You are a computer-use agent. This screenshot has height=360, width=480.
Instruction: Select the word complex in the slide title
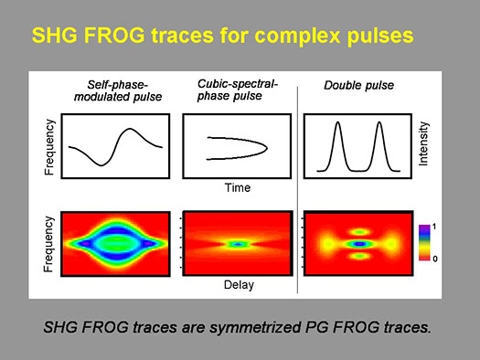tap(297, 37)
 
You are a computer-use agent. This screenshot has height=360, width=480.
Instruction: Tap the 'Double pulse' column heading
tap(358, 85)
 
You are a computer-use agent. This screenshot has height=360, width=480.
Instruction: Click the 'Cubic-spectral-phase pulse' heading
tap(237, 90)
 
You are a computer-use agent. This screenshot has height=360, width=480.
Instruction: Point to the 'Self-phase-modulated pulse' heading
tap(118, 90)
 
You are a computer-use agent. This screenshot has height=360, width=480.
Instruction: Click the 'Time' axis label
tap(238, 187)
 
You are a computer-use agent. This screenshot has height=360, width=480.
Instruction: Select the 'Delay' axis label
tap(239, 285)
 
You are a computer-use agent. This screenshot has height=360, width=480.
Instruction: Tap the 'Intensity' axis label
tap(423, 143)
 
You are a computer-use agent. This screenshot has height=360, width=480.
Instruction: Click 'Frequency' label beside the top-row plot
tap(49, 147)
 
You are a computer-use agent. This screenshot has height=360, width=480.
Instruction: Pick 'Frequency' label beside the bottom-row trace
tap(48, 244)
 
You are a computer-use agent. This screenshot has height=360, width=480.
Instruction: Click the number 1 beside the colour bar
tap(434, 227)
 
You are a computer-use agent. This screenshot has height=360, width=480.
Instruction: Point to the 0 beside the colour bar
tap(435, 259)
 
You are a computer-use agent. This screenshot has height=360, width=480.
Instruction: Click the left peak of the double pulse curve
tap(337, 122)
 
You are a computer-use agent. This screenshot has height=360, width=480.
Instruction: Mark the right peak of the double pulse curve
tap(379, 122)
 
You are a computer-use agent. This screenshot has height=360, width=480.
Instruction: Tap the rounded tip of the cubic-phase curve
tap(267, 148)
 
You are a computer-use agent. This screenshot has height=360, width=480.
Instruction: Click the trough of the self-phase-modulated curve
tap(101, 165)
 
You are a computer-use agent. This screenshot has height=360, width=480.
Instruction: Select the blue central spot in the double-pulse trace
tap(360, 244)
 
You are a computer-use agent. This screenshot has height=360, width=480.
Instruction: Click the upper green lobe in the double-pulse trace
tap(360, 232)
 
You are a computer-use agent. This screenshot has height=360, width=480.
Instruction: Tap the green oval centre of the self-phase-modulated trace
tap(115, 242)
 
